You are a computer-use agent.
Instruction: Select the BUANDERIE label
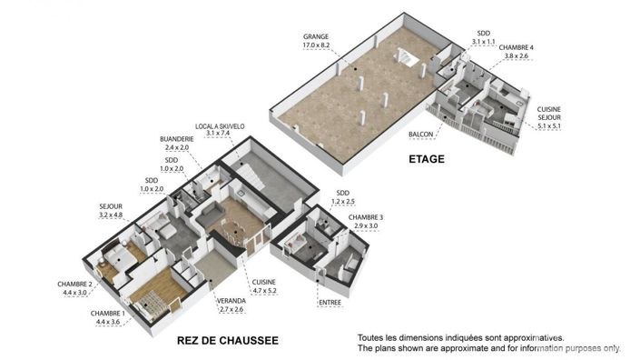(x=175, y=139)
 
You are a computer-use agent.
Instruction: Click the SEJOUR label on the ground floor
(x=111, y=207)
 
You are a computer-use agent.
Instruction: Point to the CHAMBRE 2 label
(x=75, y=285)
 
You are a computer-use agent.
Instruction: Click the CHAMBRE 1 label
(x=108, y=314)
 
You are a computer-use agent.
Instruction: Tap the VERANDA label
(x=229, y=301)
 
